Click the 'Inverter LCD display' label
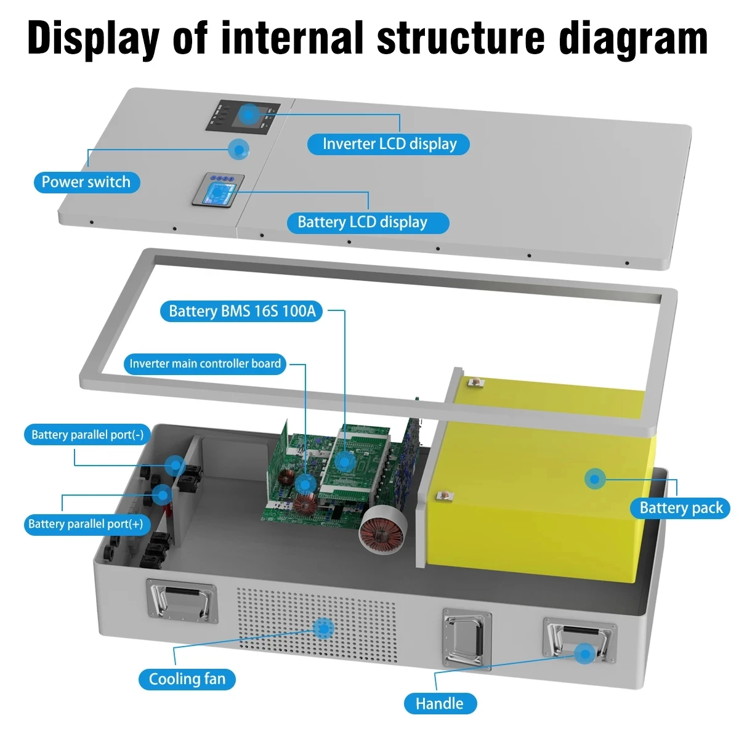389,144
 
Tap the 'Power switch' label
86,182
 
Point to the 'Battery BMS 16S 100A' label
242,311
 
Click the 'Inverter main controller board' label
205,363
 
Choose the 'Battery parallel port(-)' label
87,435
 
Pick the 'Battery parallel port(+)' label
86,524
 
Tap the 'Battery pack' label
680,508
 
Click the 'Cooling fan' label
187,679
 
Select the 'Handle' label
439,703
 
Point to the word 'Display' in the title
93,38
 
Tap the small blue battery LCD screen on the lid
219,190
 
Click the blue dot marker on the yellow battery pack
594,479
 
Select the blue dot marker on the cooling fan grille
323,628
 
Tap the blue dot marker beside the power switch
238,149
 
